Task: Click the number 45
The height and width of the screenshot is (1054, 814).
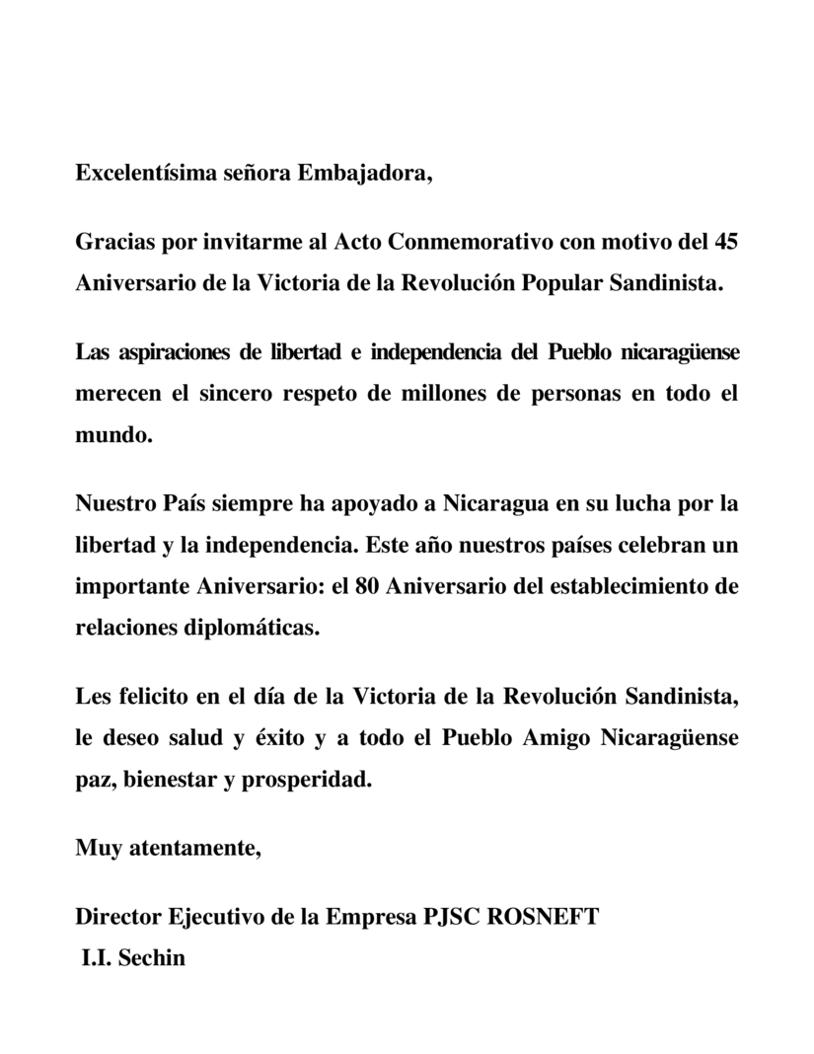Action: tap(724, 242)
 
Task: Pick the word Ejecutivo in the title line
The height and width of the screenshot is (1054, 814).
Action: tap(210, 917)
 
